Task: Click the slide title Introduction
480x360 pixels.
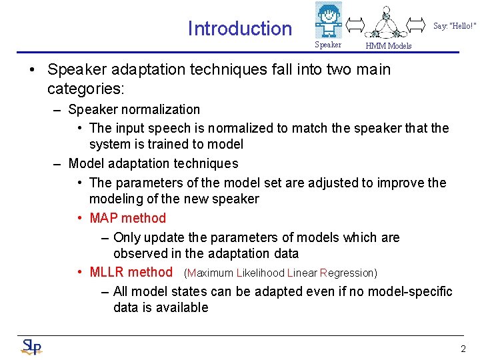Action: (x=239, y=29)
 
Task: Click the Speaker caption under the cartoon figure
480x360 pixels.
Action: (x=327, y=45)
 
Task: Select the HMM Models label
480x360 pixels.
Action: (x=389, y=46)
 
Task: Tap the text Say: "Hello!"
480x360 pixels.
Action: (x=455, y=26)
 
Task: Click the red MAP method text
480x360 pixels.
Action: (x=127, y=218)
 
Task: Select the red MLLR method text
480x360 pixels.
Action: (x=131, y=272)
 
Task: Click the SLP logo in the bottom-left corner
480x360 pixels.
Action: (x=31, y=347)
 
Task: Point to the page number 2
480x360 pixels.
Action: (x=463, y=349)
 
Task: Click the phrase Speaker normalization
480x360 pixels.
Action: (x=134, y=109)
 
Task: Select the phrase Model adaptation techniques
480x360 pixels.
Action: (x=153, y=163)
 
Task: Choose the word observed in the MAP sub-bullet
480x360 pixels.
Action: (x=139, y=253)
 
